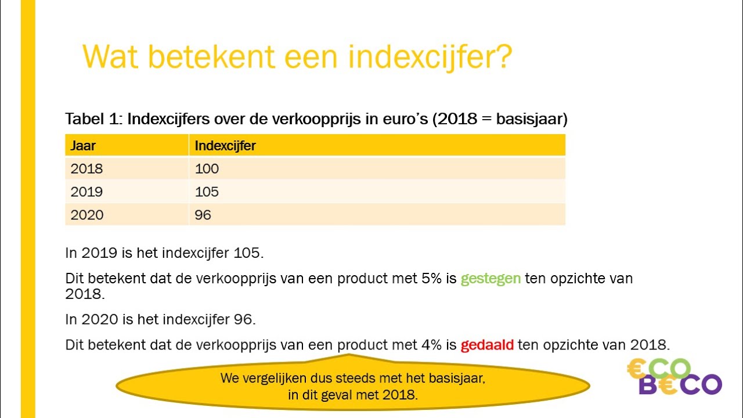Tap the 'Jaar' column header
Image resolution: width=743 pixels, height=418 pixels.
coord(83,146)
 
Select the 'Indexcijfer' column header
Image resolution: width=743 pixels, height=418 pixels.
coord(225,146)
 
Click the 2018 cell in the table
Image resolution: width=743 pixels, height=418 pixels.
coord(86,169)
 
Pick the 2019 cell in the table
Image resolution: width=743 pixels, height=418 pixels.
coord(86,192)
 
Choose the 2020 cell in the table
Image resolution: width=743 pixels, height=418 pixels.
coord(86,215)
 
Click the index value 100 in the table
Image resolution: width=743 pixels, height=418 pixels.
coord(207,169)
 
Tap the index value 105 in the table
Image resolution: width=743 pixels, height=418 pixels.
coord(207,192)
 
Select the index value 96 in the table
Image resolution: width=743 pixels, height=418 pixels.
coord(203,215)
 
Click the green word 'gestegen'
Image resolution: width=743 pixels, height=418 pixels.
coord(490,279)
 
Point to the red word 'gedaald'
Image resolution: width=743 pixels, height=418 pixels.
coord(487,345)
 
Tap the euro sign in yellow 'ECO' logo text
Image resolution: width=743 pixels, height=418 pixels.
coord(637,368)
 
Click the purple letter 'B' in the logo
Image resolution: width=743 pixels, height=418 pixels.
coord(648,385)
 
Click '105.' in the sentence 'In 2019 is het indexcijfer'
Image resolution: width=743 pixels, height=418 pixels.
coord(249,253)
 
